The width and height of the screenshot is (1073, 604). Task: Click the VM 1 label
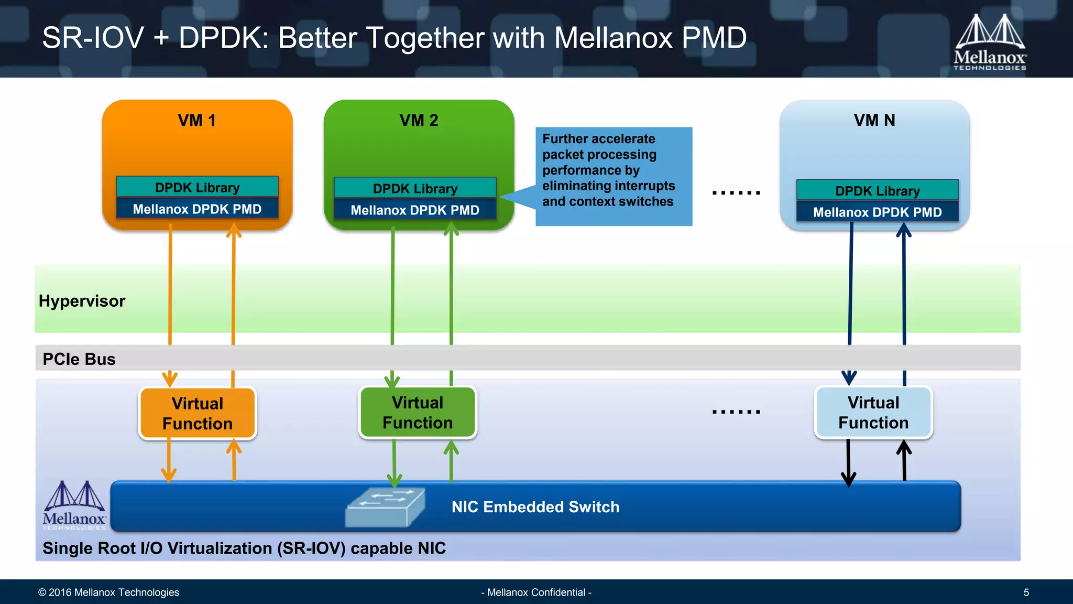click(x=197, y=121)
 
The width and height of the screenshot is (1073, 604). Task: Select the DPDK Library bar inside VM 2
click(x=415, y=188)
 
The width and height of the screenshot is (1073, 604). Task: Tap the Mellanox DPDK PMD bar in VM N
click(x=877, y=212)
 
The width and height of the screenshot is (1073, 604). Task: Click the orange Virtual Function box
click(x=198, y=413)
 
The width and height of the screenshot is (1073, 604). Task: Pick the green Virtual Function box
click(x=418, y=412)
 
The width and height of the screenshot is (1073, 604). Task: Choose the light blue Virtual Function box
click(x=873, y=412)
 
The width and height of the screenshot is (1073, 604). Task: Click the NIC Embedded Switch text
click(x=535, y=507)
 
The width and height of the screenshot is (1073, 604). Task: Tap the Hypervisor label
click(x=82, y=301)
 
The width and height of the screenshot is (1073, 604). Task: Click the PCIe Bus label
click(x=79, y=359)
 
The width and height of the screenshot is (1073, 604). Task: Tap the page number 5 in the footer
click(x=1026, y=592)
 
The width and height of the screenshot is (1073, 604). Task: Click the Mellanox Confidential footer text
click(x=536, y=592)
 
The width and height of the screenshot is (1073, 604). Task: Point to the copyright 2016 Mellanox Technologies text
click(x=108, y=592)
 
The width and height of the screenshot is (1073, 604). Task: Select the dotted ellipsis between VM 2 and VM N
click(x=736, y=193)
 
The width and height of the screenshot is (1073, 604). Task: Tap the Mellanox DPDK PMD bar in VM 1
click(x=197, y=209)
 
